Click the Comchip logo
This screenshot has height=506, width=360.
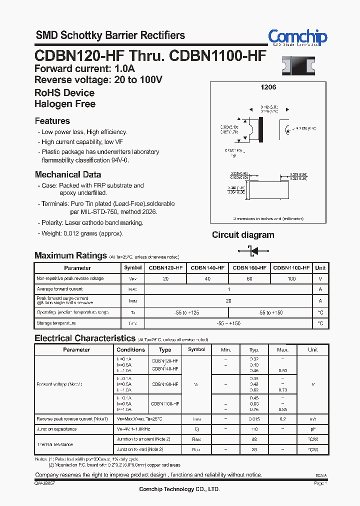[x=297, y=37]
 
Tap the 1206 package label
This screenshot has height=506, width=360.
[x=268, y=87]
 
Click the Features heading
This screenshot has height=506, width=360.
[x=52, y=121]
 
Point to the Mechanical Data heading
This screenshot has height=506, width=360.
[x=68, y=174]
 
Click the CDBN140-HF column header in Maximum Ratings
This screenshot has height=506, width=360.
[x=207, y=268]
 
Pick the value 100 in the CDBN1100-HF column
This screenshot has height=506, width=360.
[x=291, y=278]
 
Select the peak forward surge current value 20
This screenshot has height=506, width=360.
[x=228, y=301]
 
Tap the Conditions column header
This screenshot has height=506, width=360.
[x=130, y=350]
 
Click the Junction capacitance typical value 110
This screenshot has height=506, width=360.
[x=254, y=429]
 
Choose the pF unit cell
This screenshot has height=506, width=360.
[x=313, y=429]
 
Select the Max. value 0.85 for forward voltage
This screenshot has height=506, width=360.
[x=283, y=409]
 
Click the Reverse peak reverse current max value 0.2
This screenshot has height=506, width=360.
[x=283, y=419]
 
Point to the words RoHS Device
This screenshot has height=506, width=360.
[x=64, y=93]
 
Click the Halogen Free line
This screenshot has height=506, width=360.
[x=65, y=104]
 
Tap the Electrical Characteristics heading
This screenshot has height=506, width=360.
[x=85, y=338]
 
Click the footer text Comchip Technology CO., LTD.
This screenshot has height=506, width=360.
[x=179, y=489]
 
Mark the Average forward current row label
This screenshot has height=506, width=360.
[x=59, y=289]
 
